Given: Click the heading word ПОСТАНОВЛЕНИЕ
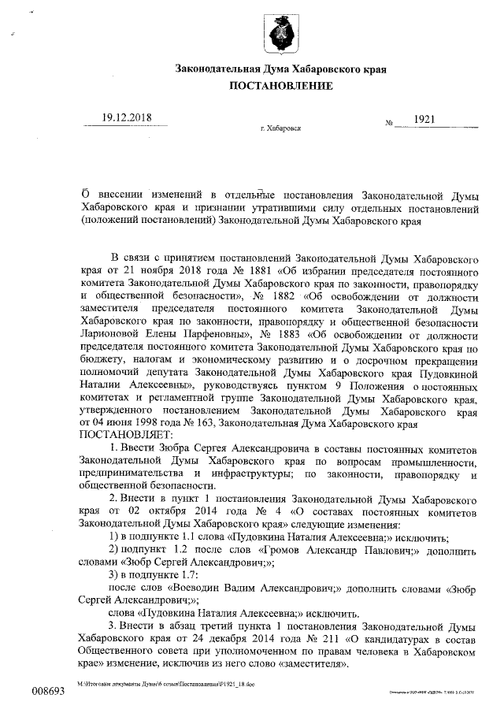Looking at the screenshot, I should [x=280, y=85].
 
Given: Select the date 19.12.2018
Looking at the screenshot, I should [x=127, y=118].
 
